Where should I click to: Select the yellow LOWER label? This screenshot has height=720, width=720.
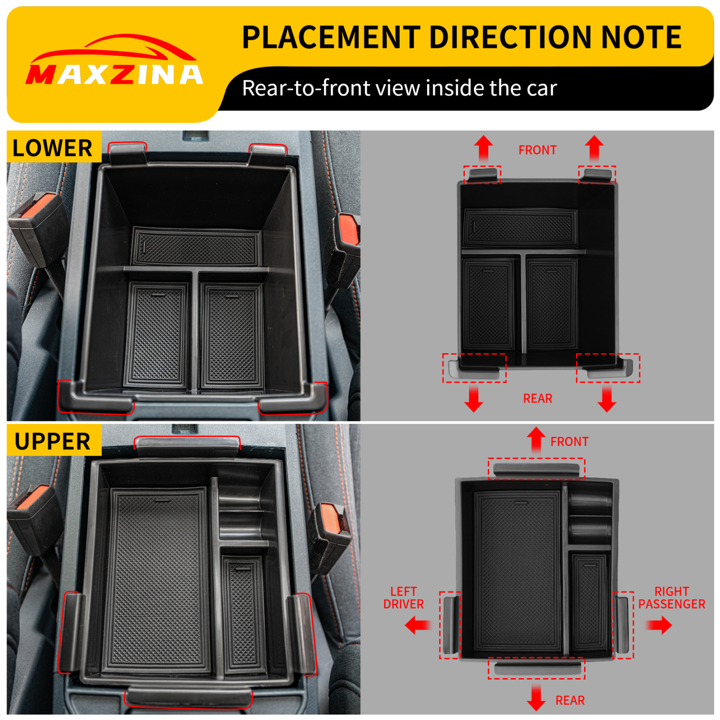[53, 148]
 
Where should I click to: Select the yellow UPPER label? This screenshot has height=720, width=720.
[53, 441]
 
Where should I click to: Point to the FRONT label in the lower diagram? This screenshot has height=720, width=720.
[537, 150]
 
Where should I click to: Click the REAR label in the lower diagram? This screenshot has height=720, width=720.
[538, 399]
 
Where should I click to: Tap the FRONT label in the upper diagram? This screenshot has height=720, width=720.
[570, 441]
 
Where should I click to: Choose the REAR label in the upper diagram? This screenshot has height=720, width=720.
[570, 700]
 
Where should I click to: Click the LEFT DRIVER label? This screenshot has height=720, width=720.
[404, 597]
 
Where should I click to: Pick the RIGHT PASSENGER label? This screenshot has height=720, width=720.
[671, 597]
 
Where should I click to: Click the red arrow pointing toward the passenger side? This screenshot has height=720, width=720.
[660, 625]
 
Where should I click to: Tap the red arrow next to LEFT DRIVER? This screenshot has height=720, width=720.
[418, 625]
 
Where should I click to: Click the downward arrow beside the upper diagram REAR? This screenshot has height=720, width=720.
[536, 698]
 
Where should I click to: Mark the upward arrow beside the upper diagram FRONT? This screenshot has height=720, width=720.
[536, 439]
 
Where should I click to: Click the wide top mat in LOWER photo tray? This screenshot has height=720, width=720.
[195, 248]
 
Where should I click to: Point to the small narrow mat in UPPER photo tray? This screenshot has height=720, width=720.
[243, 613]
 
